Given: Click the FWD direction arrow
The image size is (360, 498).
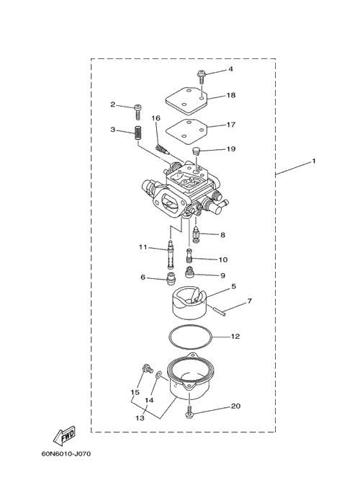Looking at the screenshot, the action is tap(64, 435).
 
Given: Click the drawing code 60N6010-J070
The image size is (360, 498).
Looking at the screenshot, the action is tap(66, 454).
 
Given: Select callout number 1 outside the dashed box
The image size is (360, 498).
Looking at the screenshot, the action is tap(314, 161).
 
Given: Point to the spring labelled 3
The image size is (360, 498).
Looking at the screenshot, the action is tap(138, 133).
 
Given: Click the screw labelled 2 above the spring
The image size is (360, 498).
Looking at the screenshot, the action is tap(138, 112).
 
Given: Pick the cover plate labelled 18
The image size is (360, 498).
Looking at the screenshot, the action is tap(186, 102).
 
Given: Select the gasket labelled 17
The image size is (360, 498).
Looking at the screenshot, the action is tap(186, 130).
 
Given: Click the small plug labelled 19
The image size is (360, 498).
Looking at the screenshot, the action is tap(197, 150).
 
